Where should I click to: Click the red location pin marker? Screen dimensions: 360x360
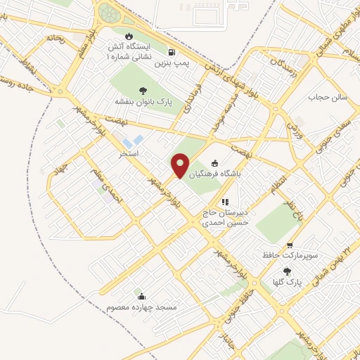tap(180, 165)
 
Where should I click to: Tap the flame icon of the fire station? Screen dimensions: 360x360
tap(129, 36)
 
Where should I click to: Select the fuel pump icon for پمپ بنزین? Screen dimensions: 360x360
tap(172, 52)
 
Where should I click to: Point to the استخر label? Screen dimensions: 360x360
tap(129, 153)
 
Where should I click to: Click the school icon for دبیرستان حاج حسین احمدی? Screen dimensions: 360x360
tap(226, 202)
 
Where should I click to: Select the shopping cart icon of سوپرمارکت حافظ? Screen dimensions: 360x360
tap(290, 245)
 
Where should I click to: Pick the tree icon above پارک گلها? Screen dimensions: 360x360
tap(287, 271)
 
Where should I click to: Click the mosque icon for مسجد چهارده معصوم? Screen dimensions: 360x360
tap(142, 296)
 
